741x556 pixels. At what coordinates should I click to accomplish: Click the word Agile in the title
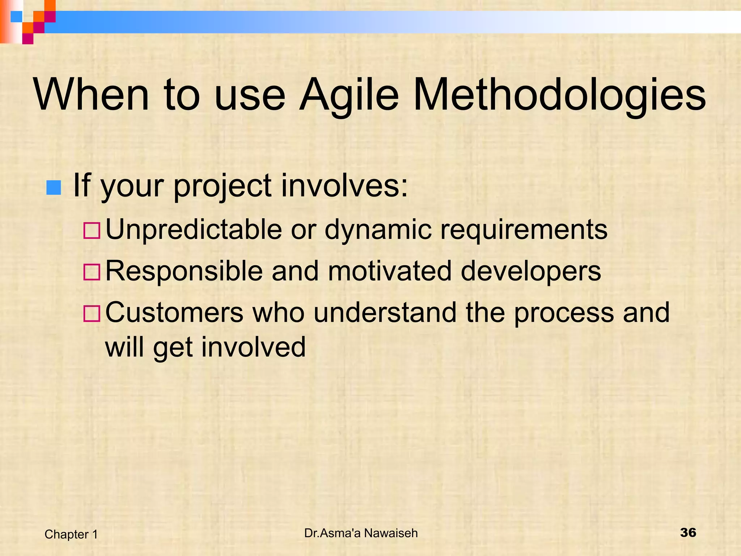[349, 95]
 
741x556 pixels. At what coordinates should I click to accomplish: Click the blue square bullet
[54, 188]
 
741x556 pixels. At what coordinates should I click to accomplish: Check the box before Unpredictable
[92, 231]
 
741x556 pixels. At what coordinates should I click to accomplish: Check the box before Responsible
[92, 272]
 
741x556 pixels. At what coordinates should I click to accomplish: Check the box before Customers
[92, 313]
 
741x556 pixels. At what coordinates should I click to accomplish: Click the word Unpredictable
[194, 229]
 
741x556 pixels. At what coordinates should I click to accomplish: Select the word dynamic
[378, 229]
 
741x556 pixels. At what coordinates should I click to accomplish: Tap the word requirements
[524, 229]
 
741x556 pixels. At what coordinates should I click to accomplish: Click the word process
[564, 312]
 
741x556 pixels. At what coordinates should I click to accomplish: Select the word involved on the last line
[253, 347]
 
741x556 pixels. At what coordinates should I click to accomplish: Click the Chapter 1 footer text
[71, 534]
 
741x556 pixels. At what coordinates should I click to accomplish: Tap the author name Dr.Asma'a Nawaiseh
[361, 533]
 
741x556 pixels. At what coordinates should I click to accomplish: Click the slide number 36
[688, 532]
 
